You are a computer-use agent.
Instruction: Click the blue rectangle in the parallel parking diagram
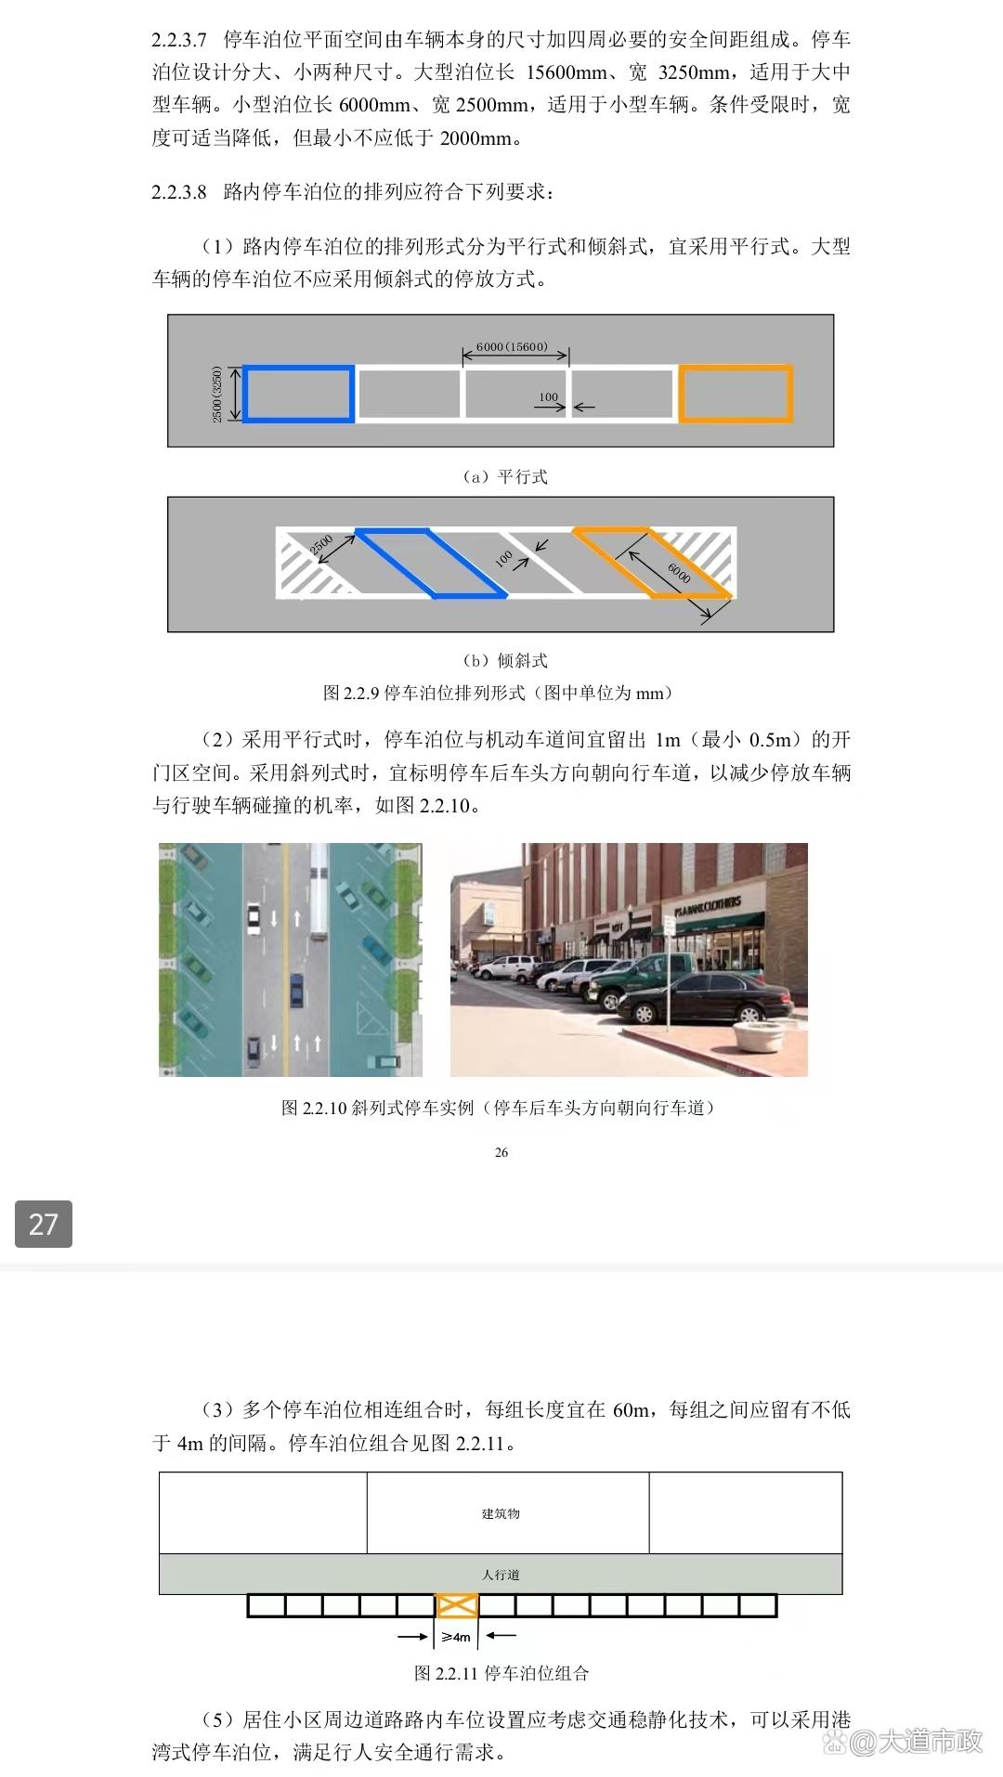(298, 395)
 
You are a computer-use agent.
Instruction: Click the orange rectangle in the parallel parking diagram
(736, 395)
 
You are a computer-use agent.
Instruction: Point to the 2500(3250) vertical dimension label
(217, 395)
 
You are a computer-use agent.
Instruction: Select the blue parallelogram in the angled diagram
(430, 563)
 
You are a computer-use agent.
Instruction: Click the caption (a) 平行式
(505, 477)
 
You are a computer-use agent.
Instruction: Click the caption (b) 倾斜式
(505, 661)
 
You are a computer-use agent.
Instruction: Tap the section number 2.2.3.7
(179, 40)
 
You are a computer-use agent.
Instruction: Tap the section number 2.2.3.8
(179, 192)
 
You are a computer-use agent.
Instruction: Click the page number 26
(501, 1152)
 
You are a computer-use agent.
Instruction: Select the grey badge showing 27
(44, 1224)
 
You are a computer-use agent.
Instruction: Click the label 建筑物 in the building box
(501, 1514)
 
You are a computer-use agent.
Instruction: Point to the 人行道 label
(501, 1575)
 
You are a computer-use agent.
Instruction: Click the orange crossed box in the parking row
(457, 1605)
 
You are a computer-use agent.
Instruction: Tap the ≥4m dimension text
(456, 1637)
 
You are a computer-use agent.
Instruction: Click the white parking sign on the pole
(669, 925)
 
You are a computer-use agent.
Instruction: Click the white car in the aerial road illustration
(254, 918)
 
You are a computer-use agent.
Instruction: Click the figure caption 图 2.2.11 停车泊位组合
(501, 1673)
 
